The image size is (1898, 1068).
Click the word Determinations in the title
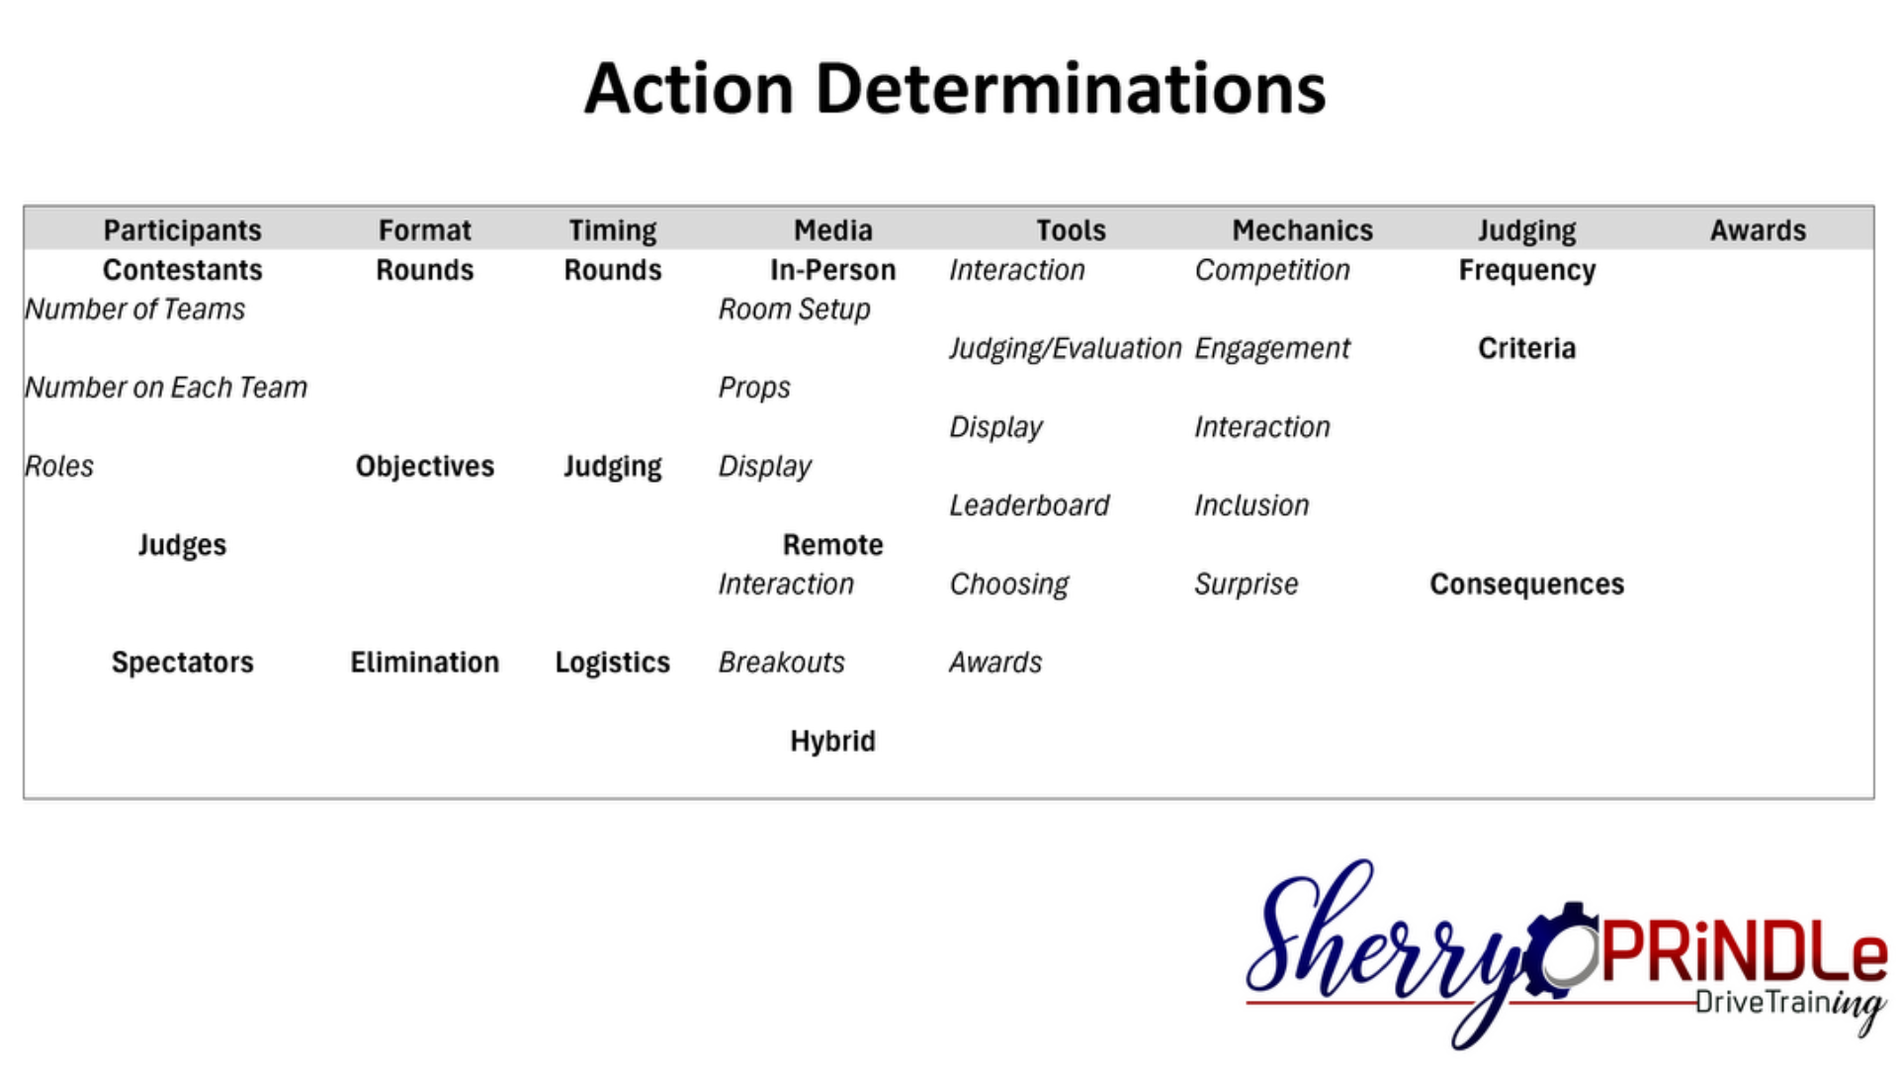tap(1070, 89)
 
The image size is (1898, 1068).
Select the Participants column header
tap(183, 230)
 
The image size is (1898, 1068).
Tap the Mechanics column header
tap(1302, 230)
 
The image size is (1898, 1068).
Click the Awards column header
tap(1758, 230)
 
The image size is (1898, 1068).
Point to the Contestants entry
tap(183, 270)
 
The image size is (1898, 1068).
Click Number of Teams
tap(135, 310)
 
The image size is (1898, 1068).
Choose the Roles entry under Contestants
tap(59, 466)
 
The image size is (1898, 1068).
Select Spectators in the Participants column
tap(183, 663)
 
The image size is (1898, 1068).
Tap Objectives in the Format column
tap(425, 466)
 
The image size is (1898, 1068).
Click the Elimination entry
tap(425, 663)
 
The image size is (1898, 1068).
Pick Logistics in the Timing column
tap(613, 663)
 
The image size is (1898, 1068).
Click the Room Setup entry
tap(794, 310)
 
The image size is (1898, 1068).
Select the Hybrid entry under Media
tap(832, 741)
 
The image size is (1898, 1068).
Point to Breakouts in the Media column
tap(781, 663)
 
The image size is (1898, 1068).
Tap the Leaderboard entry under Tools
tap(1029, 505)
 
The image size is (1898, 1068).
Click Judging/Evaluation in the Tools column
tap(1065, 349)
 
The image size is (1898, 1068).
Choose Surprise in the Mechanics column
tap(1246, 584)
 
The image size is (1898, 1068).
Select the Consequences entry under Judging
tap(1526, 584)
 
